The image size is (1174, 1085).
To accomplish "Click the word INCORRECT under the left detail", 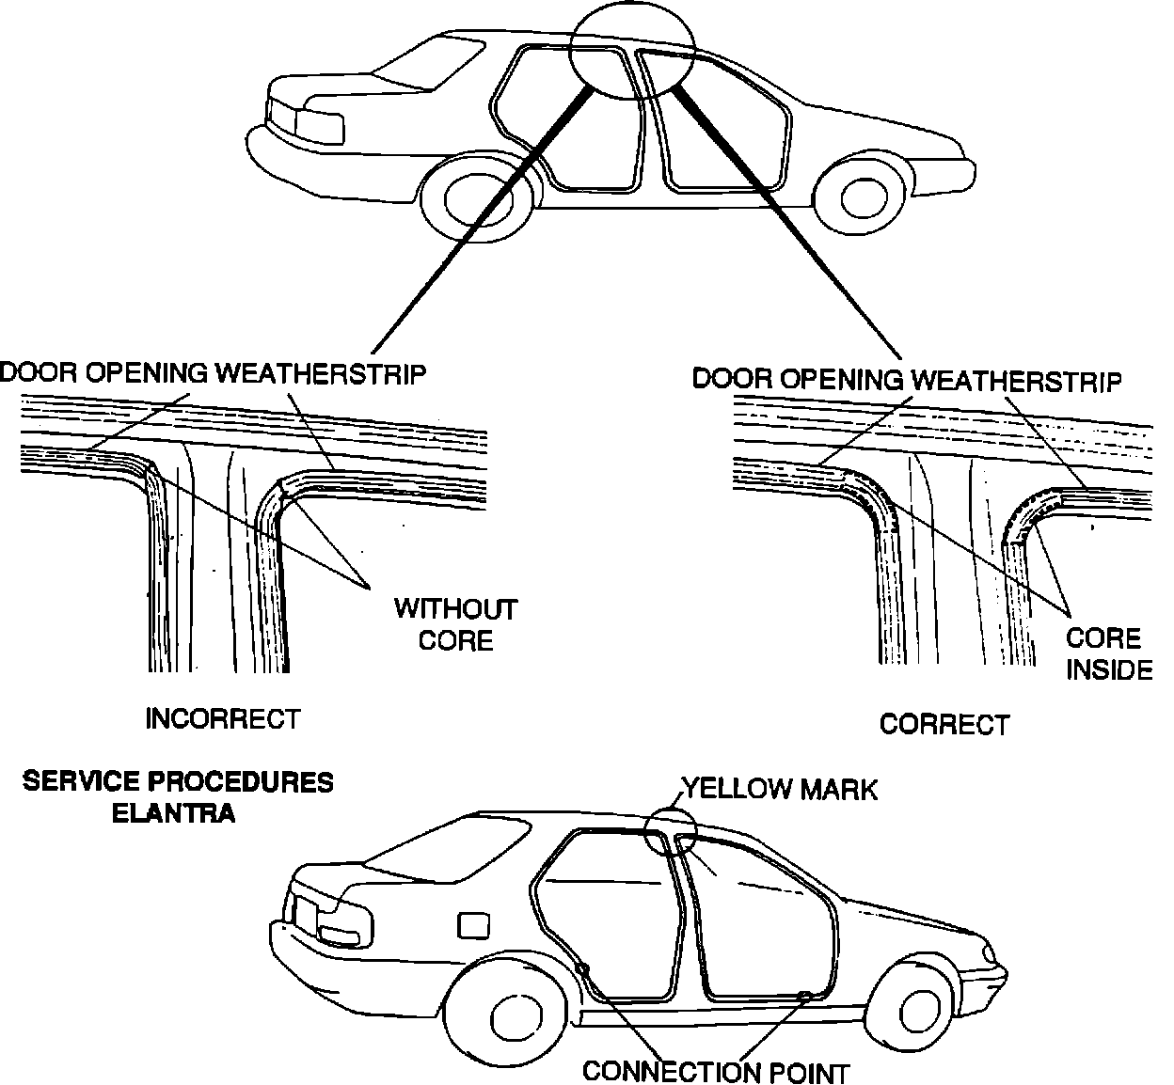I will point(223,719).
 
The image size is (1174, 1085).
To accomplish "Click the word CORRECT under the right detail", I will point(944,725).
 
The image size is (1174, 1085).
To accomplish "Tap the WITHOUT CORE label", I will point(455,624).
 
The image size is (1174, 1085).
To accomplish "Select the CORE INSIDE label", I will point(1108,653).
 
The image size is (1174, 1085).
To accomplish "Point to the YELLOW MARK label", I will point(779,789).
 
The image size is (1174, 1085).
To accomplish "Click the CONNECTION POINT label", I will point(716,1072).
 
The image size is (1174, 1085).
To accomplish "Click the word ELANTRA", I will point(173,813).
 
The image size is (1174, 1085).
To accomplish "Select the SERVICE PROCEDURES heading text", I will point(178,782).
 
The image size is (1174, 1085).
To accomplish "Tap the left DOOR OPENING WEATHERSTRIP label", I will point(214,373).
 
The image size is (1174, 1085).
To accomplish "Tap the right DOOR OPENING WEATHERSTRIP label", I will point(907,380).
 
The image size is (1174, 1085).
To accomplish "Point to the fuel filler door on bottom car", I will point(473,925).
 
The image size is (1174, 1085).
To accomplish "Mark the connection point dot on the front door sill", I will point(803,996).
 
